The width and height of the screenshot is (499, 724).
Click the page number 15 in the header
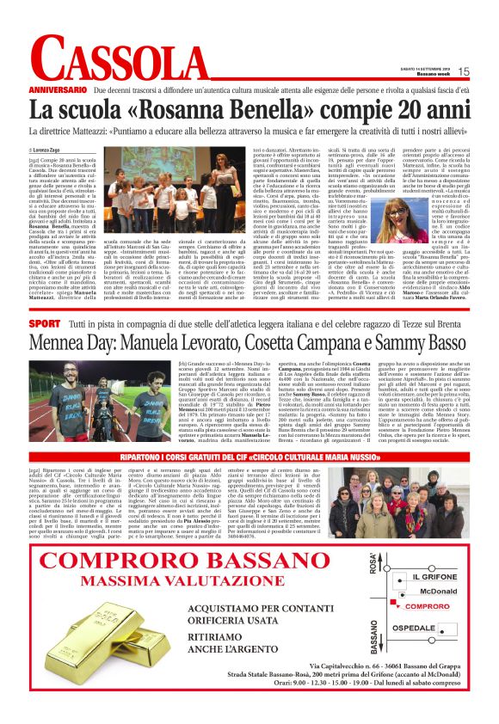[462, 72]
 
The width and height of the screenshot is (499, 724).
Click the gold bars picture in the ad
[86, 651]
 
